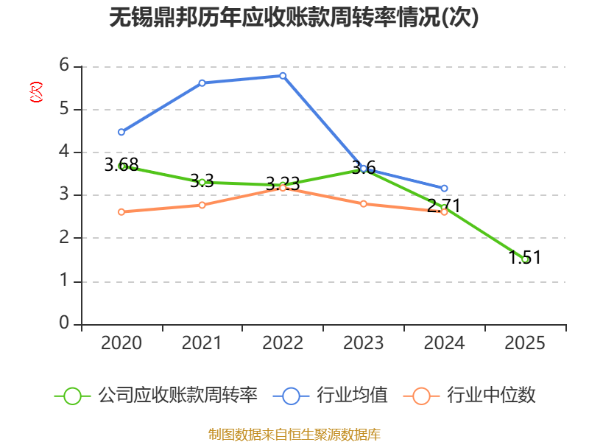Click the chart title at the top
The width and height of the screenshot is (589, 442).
[x=294, y=17]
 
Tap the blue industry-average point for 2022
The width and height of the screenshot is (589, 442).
[x=283, y=76]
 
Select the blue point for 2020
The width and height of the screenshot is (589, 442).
[x=121, y=132]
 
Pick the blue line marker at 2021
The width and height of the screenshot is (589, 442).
[x=202, y=83]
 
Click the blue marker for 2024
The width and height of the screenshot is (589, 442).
[x=445, y=188]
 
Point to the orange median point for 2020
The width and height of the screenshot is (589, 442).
[x=121, y=212]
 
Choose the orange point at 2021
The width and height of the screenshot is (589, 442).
[x=202, y=205]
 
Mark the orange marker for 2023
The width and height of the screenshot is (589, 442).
[x=364, y=204]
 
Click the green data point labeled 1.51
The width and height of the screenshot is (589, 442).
[x=525, y=259]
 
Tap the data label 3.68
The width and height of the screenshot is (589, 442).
[x=121, y=164]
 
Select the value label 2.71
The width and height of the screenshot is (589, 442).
[x=444, y=206]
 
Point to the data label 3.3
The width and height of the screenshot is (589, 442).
[x=202, y=180]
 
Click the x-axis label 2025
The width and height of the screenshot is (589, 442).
[x=525, y=343]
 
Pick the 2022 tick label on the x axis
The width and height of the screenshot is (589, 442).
[x=283, y=343]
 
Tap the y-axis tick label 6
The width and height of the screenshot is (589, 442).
[x=64, y=65]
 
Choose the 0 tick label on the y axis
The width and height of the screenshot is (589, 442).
[x=64, y=323]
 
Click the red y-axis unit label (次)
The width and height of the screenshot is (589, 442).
[x=36, y=91]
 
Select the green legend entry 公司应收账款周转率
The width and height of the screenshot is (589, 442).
[x=156, y=396]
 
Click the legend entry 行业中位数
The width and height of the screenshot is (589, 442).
[x=469, y=396]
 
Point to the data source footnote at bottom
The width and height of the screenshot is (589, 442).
[x=294, y=435]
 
